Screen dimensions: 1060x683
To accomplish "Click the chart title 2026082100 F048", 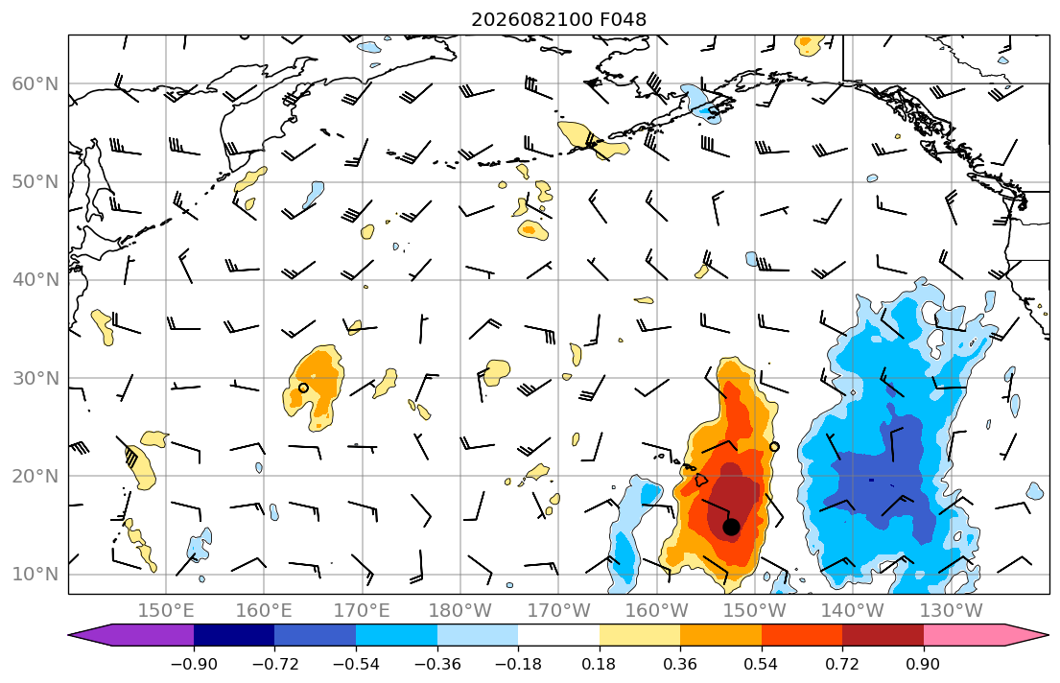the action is point(558,19).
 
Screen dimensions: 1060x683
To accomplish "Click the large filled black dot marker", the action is point(731,527).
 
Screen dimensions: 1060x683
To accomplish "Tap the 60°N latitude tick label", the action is point(35,83).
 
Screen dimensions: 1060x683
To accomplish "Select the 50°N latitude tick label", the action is point(35,182).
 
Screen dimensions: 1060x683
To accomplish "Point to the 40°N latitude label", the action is point(35,280).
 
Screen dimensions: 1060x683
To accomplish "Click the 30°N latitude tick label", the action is point(35,378).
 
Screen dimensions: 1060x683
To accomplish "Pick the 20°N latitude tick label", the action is point(35,476).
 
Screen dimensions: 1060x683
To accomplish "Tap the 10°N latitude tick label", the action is point(35,575).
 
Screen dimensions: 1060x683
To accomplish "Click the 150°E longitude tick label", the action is point(166,611).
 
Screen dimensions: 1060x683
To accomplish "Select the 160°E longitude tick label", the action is point(264,611).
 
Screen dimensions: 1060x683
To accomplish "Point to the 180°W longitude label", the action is point(460,611).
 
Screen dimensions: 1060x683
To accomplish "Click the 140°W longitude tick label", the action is point(853,611).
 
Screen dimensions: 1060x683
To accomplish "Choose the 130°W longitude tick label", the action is point(952,611).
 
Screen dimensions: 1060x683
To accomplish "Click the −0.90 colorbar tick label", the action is point(194,664).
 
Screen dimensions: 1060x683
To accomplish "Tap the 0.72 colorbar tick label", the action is point(842,664).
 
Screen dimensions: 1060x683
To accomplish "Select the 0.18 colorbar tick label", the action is point(599,664).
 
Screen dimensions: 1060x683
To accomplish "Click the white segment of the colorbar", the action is point(558,635).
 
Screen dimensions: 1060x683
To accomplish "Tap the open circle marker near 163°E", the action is point(303,389).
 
